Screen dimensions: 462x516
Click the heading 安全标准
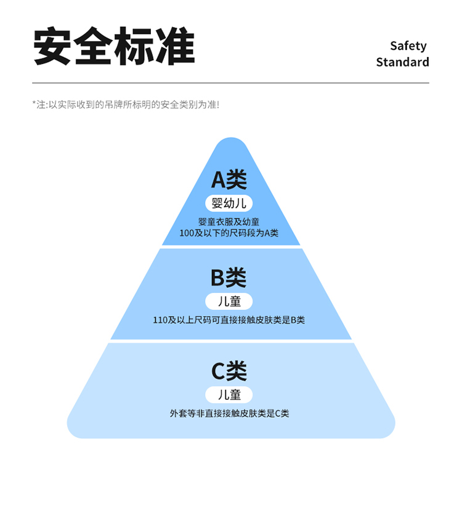coord(114,47)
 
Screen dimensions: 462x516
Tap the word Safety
coord(408,46)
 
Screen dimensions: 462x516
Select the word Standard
coord(402,62)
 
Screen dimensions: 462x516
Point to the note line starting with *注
coord(125,105)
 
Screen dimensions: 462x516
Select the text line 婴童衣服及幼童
coord(229,222)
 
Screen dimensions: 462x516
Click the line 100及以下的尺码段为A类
coord(229,233)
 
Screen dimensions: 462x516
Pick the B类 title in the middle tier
coord(229,278)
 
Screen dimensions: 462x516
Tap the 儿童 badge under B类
coord(229,301)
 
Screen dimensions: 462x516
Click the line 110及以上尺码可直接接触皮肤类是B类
coord(229,320)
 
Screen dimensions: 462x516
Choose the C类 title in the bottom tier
coord(229,371)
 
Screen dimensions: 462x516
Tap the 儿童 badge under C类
coord(229,394)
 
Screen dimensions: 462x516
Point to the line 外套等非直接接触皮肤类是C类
coord(229,413)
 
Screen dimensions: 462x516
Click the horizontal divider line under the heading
coord(231,83)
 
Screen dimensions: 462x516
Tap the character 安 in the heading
coord(53,47)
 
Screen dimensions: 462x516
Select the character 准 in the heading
coord(175,47)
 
